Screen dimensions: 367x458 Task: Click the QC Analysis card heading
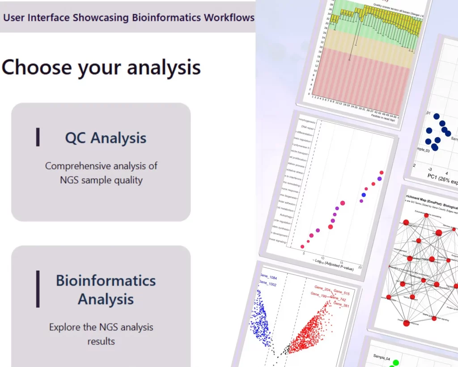click(106, 138)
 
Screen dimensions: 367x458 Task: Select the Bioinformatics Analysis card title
click(106, 289)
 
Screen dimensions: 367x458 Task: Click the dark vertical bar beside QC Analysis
click(38, 137)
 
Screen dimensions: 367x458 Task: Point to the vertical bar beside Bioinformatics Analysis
click(38, 289)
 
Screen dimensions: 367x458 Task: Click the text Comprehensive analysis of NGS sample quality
click(101, 173)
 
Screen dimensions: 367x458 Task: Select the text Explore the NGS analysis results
click(101, 334)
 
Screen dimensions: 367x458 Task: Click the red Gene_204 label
click(322, 287)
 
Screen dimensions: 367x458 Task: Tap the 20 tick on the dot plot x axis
click(360, 268)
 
